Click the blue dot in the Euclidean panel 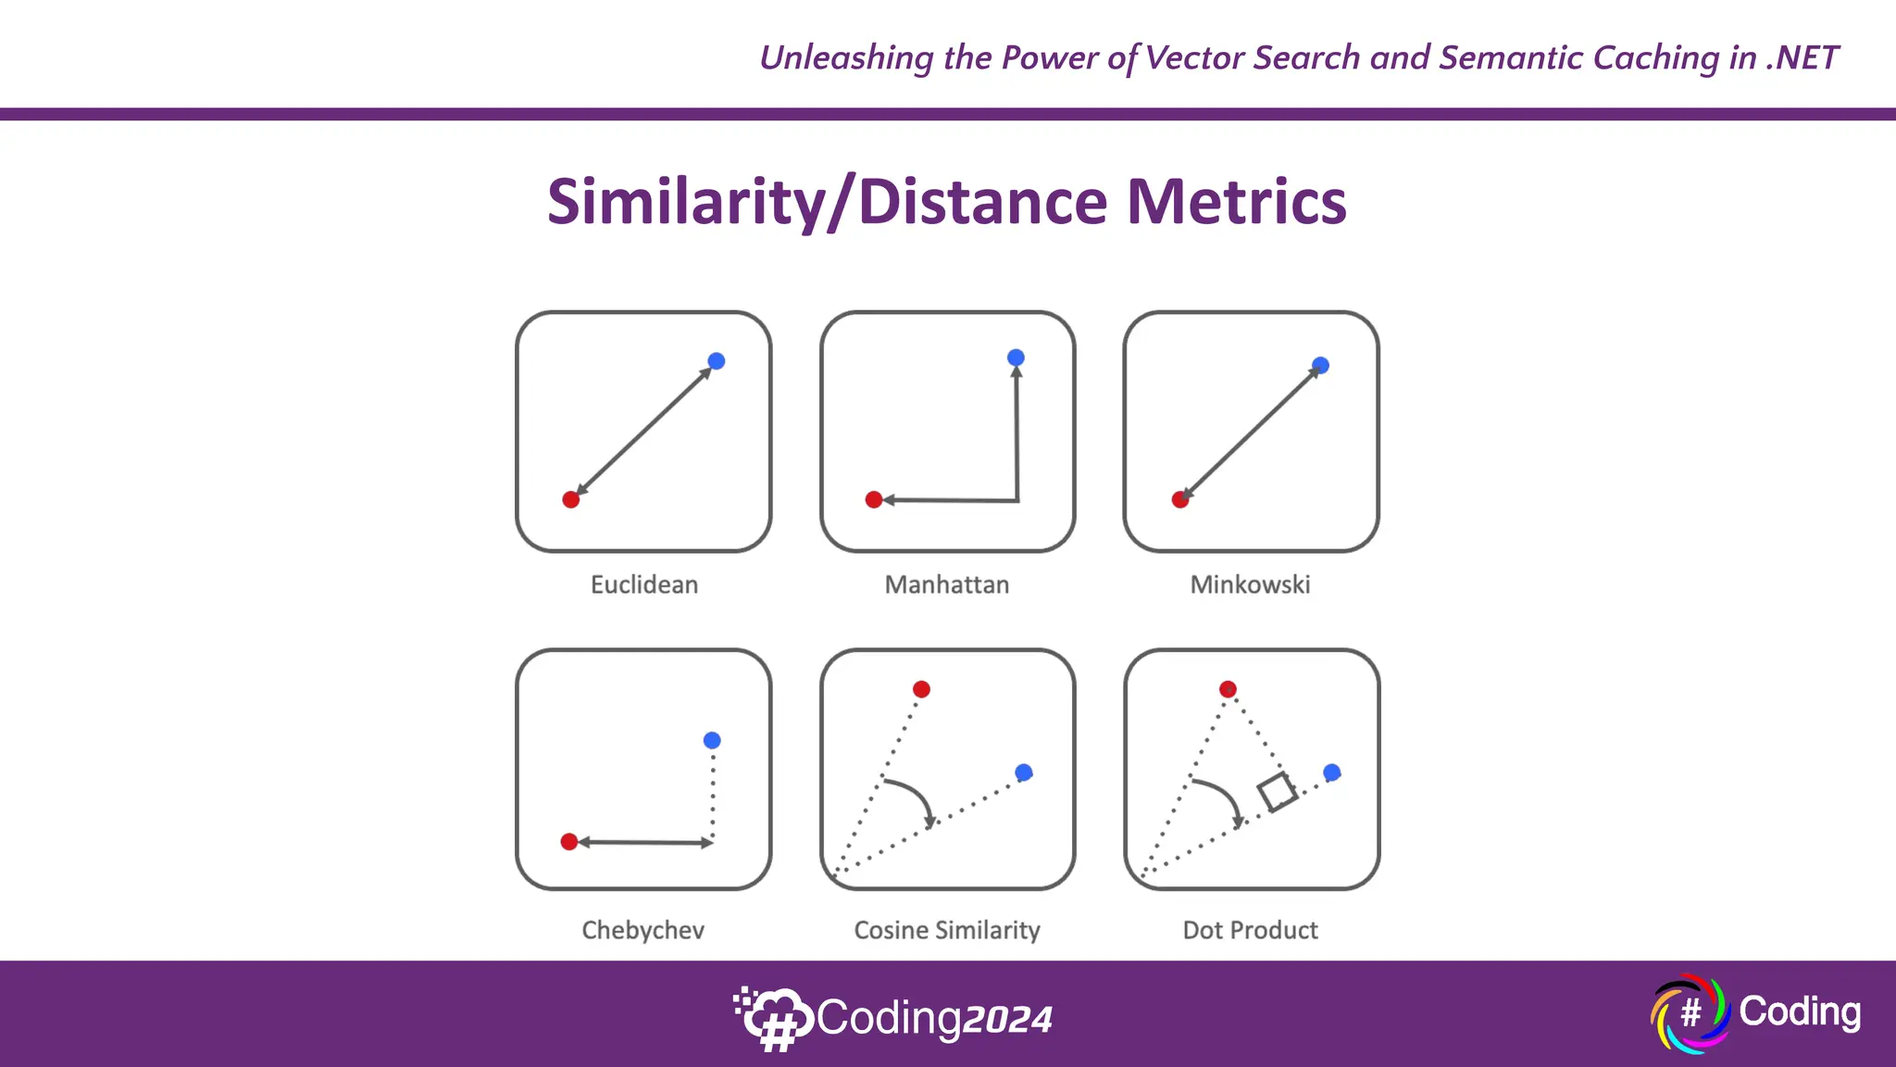(x=716, y=361)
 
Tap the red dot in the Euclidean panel (x=571, y=500)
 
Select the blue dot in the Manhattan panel (x=1016, y=358)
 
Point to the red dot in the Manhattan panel (x=873, y=500)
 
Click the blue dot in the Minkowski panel (x=1320, y=366)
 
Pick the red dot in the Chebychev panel (x=569, y=842)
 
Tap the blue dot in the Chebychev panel (x=712, y=740)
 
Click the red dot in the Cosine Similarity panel (x=921, y=689)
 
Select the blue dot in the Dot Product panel (x=1331, y=772)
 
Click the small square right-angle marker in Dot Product (x=1277, y=792)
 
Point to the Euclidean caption (x=644, y=585)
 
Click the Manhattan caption (x=947, y=585)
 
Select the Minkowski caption (x=1250, y=585)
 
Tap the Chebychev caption (x=642, y=930)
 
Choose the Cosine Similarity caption (x=947, y=930)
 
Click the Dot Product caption (x=1250, y=930)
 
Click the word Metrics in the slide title (x=1236, y=202)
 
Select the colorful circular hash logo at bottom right (x=1690, y=1013)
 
